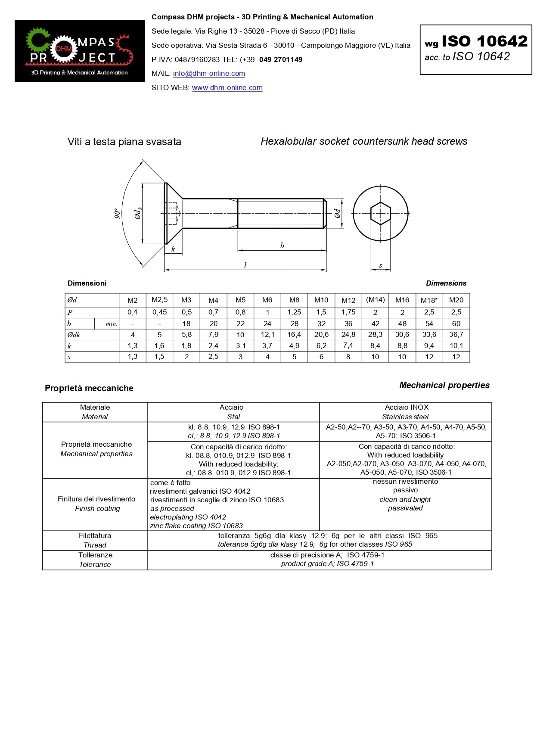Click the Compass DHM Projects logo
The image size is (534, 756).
80,51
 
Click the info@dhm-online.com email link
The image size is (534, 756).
209,74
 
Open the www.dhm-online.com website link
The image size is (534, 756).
227,88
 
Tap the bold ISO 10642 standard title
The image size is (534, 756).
484,41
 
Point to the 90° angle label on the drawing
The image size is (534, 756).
117,214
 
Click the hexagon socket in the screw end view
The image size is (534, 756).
381,213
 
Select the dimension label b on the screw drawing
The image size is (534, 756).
282,246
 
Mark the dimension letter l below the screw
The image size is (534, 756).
245,265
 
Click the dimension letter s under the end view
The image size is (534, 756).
381,266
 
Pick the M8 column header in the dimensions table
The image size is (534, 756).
294,300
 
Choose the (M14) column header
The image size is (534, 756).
375,300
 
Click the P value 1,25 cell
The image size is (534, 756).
294,312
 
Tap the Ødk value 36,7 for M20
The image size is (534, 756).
456,335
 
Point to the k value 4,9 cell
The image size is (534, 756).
294,346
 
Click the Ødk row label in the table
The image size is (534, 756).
74,335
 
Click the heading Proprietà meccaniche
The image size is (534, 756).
89,388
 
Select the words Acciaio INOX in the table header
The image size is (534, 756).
407,408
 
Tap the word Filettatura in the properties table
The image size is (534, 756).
95,536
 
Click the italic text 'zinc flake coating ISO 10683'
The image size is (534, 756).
196,526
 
